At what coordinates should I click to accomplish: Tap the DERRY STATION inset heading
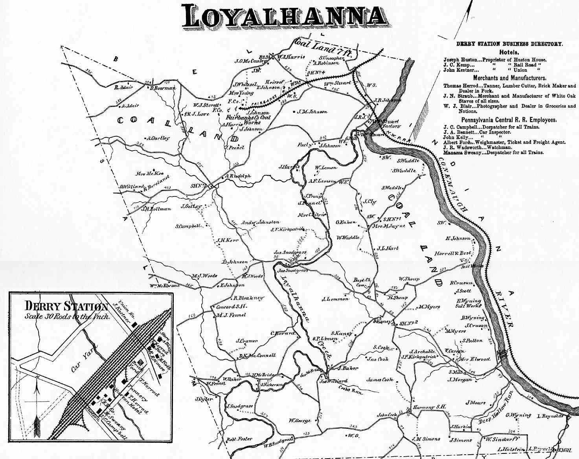click(x=66, y=306)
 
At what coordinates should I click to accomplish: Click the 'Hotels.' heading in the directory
click(x=509, y=52)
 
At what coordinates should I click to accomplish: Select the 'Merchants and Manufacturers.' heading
click(x=509, y=78)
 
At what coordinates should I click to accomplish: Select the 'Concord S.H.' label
click(x=232, y=307)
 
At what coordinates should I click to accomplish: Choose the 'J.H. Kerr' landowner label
click(x=228, y=240)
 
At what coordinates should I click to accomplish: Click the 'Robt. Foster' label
click(x=239, y=439)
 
